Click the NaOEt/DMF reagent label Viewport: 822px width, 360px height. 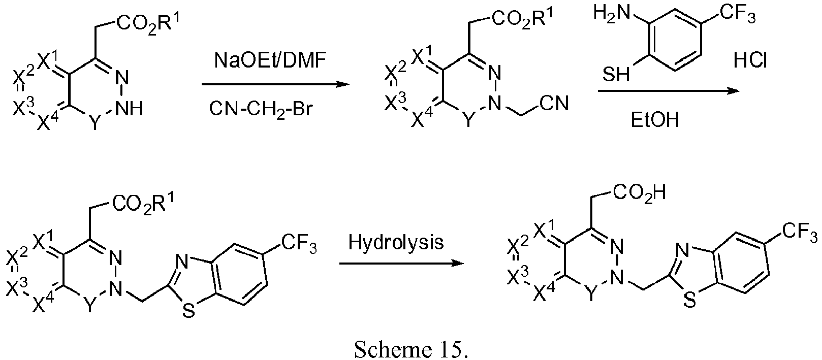tap(270, 60)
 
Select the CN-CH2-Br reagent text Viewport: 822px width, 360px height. tap(261, 109)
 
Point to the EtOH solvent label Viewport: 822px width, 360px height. tap(655, 120)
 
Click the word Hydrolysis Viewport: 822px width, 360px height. tap(396, 242)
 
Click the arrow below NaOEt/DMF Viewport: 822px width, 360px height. tap(275, 85)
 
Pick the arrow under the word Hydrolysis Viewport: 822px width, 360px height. tap(401, 263)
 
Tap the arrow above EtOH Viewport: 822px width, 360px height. tap(669, 90)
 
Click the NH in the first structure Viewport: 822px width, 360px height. tap(129, 109)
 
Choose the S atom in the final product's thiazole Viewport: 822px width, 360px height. tap(690, 301)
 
